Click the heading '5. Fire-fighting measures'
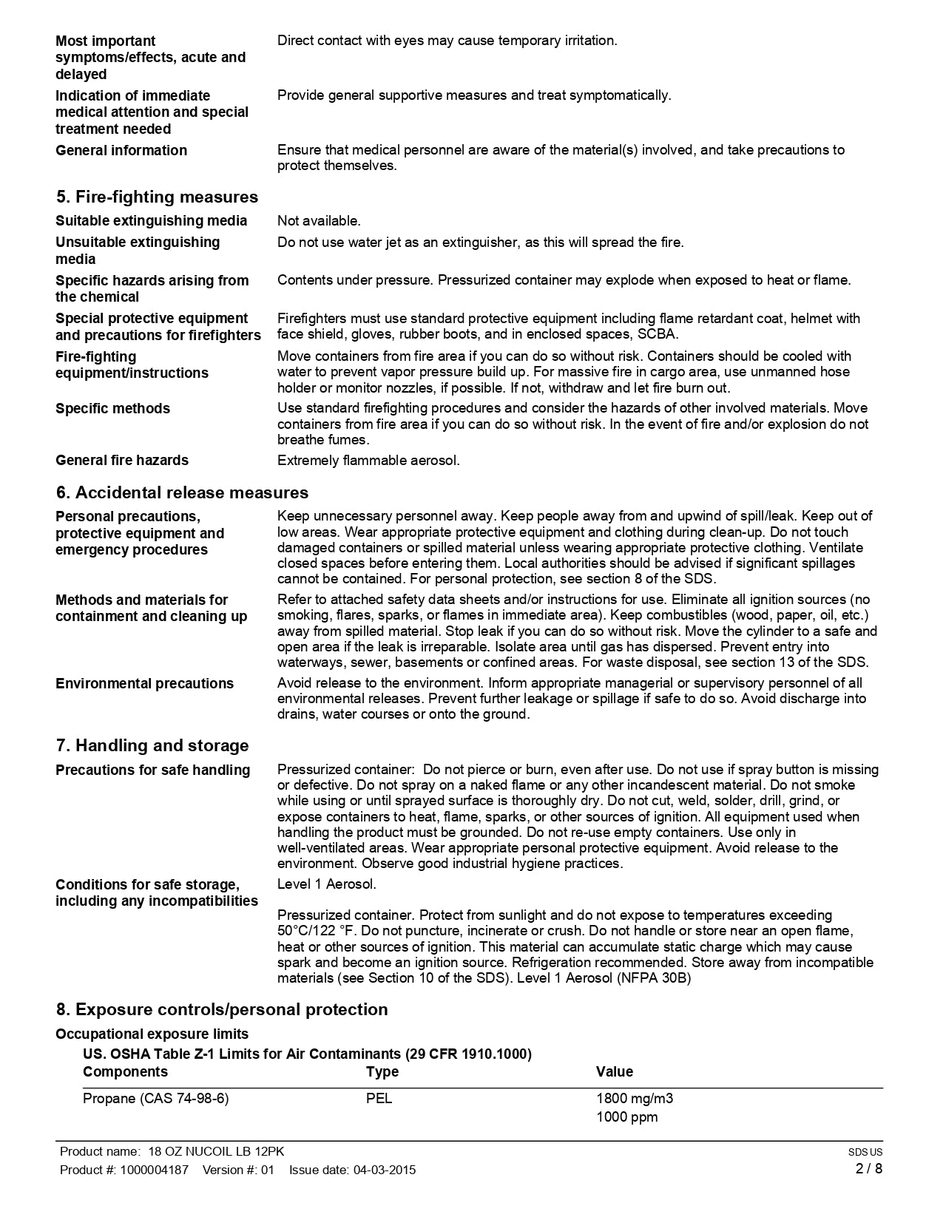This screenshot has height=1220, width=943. [157, 197]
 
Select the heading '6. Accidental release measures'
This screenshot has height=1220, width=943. [182, 492]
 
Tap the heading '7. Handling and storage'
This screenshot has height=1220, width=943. [152, 745]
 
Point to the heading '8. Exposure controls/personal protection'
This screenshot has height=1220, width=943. [222, 1009]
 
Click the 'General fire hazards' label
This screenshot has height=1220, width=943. [122, 460]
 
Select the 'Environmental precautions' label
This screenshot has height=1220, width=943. [144, 683]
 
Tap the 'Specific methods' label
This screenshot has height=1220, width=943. [112, 408]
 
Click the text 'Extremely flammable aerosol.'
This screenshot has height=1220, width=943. [368, 460]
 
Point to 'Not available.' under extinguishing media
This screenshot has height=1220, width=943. [319, 220]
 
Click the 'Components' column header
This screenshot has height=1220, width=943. [125, 1071]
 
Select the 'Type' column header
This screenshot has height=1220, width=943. [382, 1071]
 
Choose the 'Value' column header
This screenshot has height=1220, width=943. [615, 1071]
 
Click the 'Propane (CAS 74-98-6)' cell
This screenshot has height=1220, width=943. [155, 1098]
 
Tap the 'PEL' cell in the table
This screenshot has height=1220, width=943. [379, 1098]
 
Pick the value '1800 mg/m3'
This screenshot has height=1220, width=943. [635, 1098]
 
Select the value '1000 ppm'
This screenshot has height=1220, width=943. [626, 1116]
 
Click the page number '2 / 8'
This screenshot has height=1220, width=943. [869, 1168]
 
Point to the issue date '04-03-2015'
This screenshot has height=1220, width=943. [385, 1170]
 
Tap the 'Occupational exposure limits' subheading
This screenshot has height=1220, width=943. [152, 1034]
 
